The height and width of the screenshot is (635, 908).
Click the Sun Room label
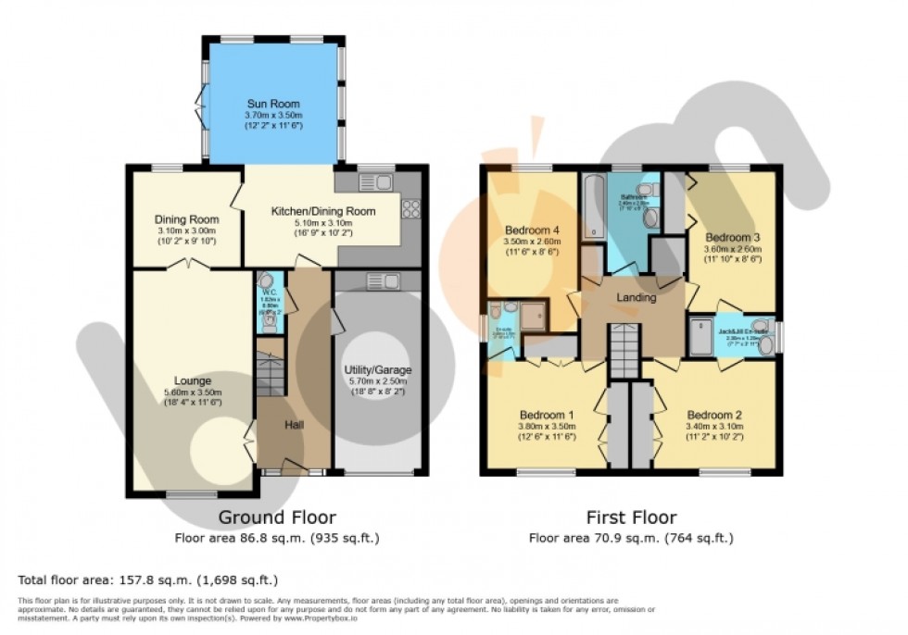[273, 104]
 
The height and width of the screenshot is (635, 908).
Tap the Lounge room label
[193, 380]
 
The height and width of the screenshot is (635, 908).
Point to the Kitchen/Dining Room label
[322, 211]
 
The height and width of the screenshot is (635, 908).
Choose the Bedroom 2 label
[713, 415]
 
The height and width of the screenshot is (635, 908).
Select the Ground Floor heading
[276, 517]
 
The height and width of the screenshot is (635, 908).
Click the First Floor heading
[630, 517]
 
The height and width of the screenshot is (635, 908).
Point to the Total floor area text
[148, 580]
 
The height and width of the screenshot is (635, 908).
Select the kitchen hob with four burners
[410, 210]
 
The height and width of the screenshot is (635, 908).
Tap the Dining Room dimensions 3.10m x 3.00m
[185, 230]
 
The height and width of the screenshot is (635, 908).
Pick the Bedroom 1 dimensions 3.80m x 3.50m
[546, 426]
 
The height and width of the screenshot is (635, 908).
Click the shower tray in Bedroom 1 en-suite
[532, 317]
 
